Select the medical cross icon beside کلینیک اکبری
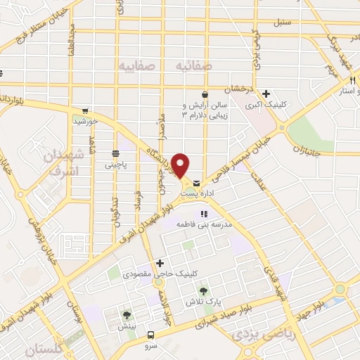point(266,94)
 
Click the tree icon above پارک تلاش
point(203,290)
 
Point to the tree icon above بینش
point(127,315)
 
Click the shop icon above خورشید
point(85,110)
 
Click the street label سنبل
point(283,22)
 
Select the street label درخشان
point(238,90)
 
